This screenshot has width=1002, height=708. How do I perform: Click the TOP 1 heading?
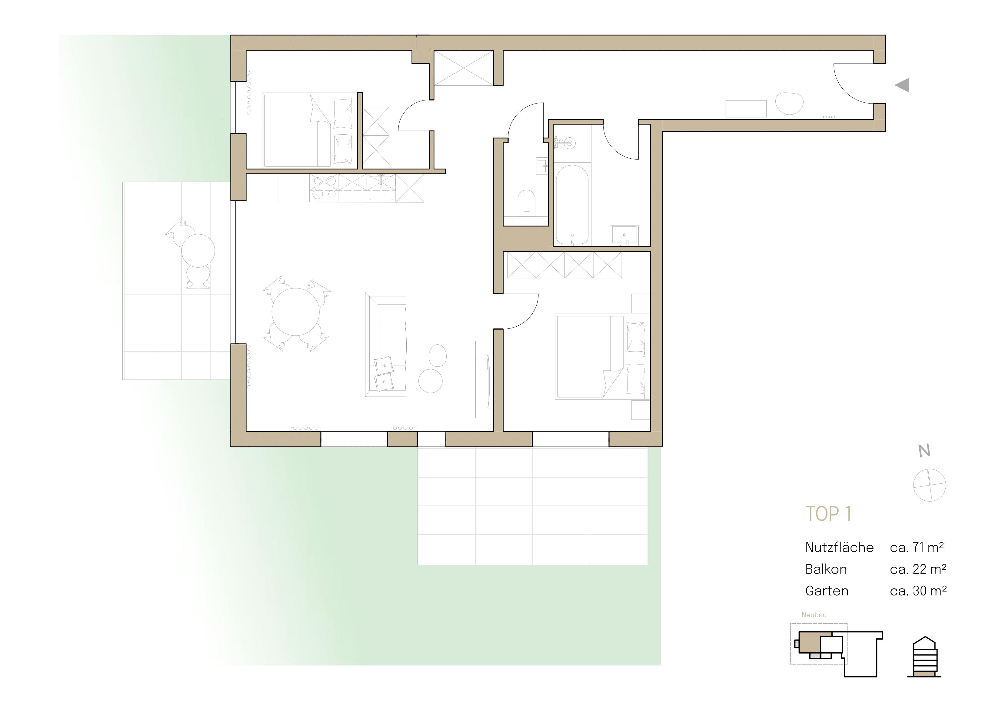[828, 514]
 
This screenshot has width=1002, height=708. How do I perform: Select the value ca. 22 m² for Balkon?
[918, 569]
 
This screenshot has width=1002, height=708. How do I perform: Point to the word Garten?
[827, 591]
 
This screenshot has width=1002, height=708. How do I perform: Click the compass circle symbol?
[930, 485]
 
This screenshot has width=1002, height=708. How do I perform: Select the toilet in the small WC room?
[526, 203]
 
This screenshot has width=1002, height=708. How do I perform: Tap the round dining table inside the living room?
[295, 312]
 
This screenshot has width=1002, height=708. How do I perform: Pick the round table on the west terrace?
[198, 251]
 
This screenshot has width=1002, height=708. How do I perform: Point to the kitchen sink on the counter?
[381, 188]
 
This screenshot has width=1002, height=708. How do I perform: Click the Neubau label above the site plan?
[814, 615]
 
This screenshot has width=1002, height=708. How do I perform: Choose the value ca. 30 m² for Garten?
[918, 591]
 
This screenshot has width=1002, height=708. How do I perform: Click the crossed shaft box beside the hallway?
[464, 68]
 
